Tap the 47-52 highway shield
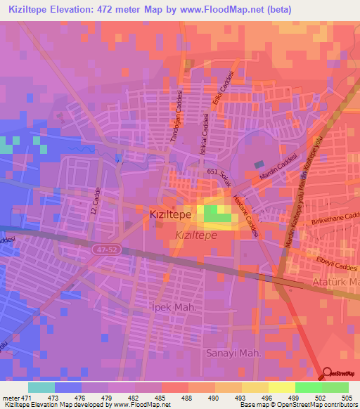[x=104, y=249]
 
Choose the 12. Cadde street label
[x=97, y=200]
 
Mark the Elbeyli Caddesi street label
[x=333, y=267]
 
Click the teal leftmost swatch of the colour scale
[x=41, y=387]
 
